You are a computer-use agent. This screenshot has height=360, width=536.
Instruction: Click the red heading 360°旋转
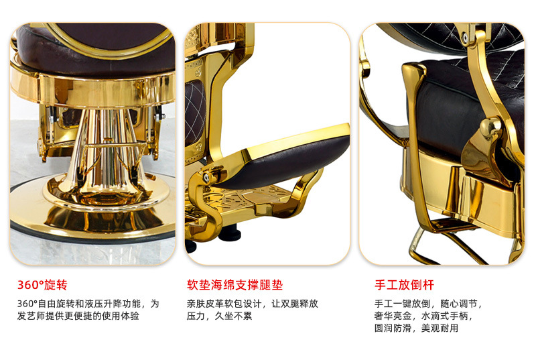(x=42, y=285)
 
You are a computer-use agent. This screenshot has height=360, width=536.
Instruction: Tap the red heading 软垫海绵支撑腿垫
(x=235, y=285)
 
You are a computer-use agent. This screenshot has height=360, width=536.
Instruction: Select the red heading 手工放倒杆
(x=405, y=285)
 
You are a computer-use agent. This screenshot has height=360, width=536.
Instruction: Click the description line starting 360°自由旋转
(x=88, y=304)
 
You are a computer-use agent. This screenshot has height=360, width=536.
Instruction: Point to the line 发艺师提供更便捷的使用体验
(x=78, y=316)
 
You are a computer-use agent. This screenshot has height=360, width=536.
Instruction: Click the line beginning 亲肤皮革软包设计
(x=253, y=304)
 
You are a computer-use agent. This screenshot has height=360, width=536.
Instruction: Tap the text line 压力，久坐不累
(x=220, y=316)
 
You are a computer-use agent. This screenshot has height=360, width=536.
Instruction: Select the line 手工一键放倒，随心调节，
(x=428, y=304)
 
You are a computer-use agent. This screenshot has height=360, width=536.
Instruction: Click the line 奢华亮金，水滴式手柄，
(x=423, y=316)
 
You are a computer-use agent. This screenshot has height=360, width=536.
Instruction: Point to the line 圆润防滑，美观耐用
(x=416, y=328)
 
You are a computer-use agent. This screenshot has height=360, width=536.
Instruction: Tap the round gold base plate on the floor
(x=92, y=219)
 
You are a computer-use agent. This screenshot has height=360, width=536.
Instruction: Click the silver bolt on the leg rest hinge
(x=206, y=177)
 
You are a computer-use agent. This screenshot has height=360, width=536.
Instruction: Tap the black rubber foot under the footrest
(x=230, y=234)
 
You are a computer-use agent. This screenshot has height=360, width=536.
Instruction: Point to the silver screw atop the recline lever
(x=465, y=37)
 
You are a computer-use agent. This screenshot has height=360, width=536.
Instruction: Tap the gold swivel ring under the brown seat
(x=92, y=90)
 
